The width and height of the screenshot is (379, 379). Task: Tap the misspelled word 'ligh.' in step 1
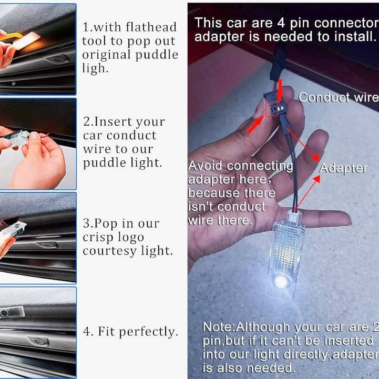[95, 69]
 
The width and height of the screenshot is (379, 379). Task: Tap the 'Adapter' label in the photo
[343, 168]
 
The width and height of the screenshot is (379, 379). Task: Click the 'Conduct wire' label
[339, 97]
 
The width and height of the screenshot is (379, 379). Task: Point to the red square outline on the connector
[272, 109]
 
